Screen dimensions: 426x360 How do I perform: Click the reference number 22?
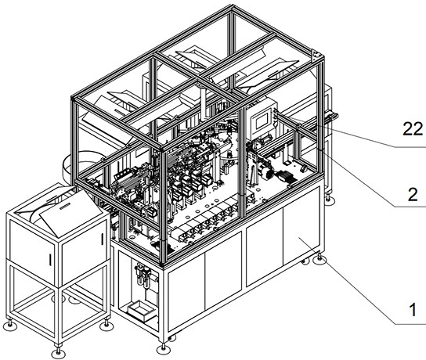[x=413, y=129]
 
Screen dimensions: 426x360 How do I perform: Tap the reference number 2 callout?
[x=413, y=194]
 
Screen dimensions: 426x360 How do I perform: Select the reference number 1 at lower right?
[x=413, y=310]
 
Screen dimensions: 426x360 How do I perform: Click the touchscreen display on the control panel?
[x=260, y=121]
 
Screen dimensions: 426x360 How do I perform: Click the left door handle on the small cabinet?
[x=50, y=259]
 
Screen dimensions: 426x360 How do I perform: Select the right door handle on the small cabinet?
[x=102, y=239]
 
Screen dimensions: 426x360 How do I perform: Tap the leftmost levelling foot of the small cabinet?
[x=10, y=324]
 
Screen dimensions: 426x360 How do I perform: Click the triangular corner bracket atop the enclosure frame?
[x=316, y=55]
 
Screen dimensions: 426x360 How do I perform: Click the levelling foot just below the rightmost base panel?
[x=319, y=259]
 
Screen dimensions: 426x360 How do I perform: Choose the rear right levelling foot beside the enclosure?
[x=330, y=199]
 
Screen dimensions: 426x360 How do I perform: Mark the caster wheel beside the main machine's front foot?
[x=171, y=338]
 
